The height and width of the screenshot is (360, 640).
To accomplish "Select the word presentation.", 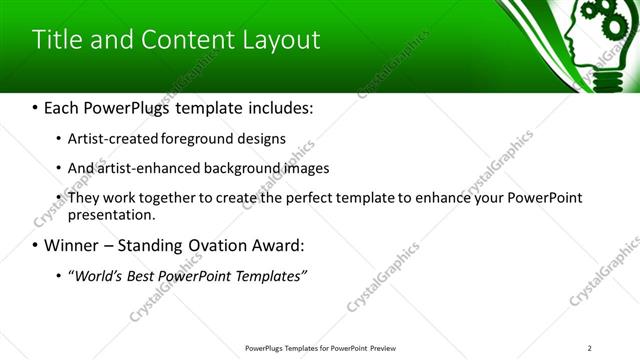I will pos(111,214).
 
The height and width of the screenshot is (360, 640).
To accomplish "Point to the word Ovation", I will pos(214,245).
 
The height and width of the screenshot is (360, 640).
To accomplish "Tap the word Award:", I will pos(281,245).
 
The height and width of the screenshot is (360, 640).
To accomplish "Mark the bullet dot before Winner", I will pos(36,246).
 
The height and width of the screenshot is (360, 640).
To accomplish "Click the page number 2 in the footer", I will pos(589,347).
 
